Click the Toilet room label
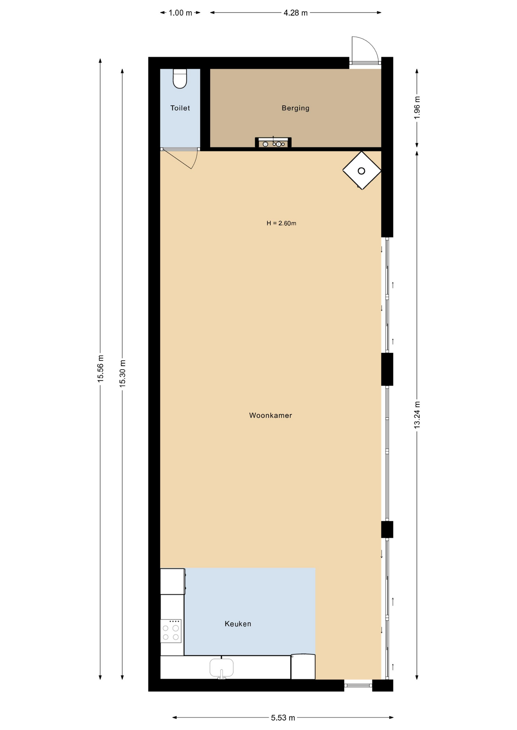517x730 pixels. click(180, 108)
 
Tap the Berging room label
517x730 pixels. click(295, 108)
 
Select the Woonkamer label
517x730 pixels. click(271, 416)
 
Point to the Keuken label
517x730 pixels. click(238, 624)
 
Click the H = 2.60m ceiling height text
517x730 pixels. click(281, 223)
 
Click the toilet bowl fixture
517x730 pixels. click(180, 79)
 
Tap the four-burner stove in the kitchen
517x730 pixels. click(171, 631)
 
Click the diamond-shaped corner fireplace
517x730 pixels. click(362, 171)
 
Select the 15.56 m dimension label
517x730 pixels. click(101, 368)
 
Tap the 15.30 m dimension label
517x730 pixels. click(123, 373)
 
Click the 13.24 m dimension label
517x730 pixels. click(417, 415)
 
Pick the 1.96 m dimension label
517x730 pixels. click(417, 108)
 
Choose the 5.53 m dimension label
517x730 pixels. click(283, 718)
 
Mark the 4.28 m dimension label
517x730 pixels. click(295, 13)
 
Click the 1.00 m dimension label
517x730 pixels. click(180, 13)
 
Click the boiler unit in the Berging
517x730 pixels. click(273, 143)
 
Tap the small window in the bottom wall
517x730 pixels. click(358, 686)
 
